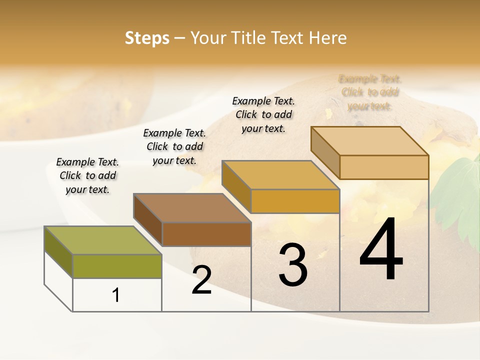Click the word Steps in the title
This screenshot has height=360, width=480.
click(x=147, y=38)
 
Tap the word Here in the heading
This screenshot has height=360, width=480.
click(x=327, y=38)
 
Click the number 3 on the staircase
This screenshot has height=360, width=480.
click(x=293, y=265)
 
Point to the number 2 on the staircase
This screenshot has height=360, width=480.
click(x=201, y=280)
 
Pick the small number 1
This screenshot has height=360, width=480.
click(x=116, y=295)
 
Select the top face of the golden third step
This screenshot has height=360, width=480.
click(x=280, y=175)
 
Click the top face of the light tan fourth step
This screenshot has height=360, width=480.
click(x=370, y=141)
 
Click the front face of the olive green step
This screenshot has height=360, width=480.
click(x=117, y=266)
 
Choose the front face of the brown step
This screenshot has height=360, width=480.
click(x=206, y=234)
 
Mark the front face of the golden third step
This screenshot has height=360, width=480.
click(x=295, y=201)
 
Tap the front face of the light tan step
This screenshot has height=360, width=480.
click(x=384, y=167)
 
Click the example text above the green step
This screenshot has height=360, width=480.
click(x=87, y=175)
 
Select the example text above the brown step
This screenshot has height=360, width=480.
click(x=174, y=146)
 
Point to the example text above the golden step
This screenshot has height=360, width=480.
click(x=263, y=114)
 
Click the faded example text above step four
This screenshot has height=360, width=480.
click(x=370, y=92)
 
